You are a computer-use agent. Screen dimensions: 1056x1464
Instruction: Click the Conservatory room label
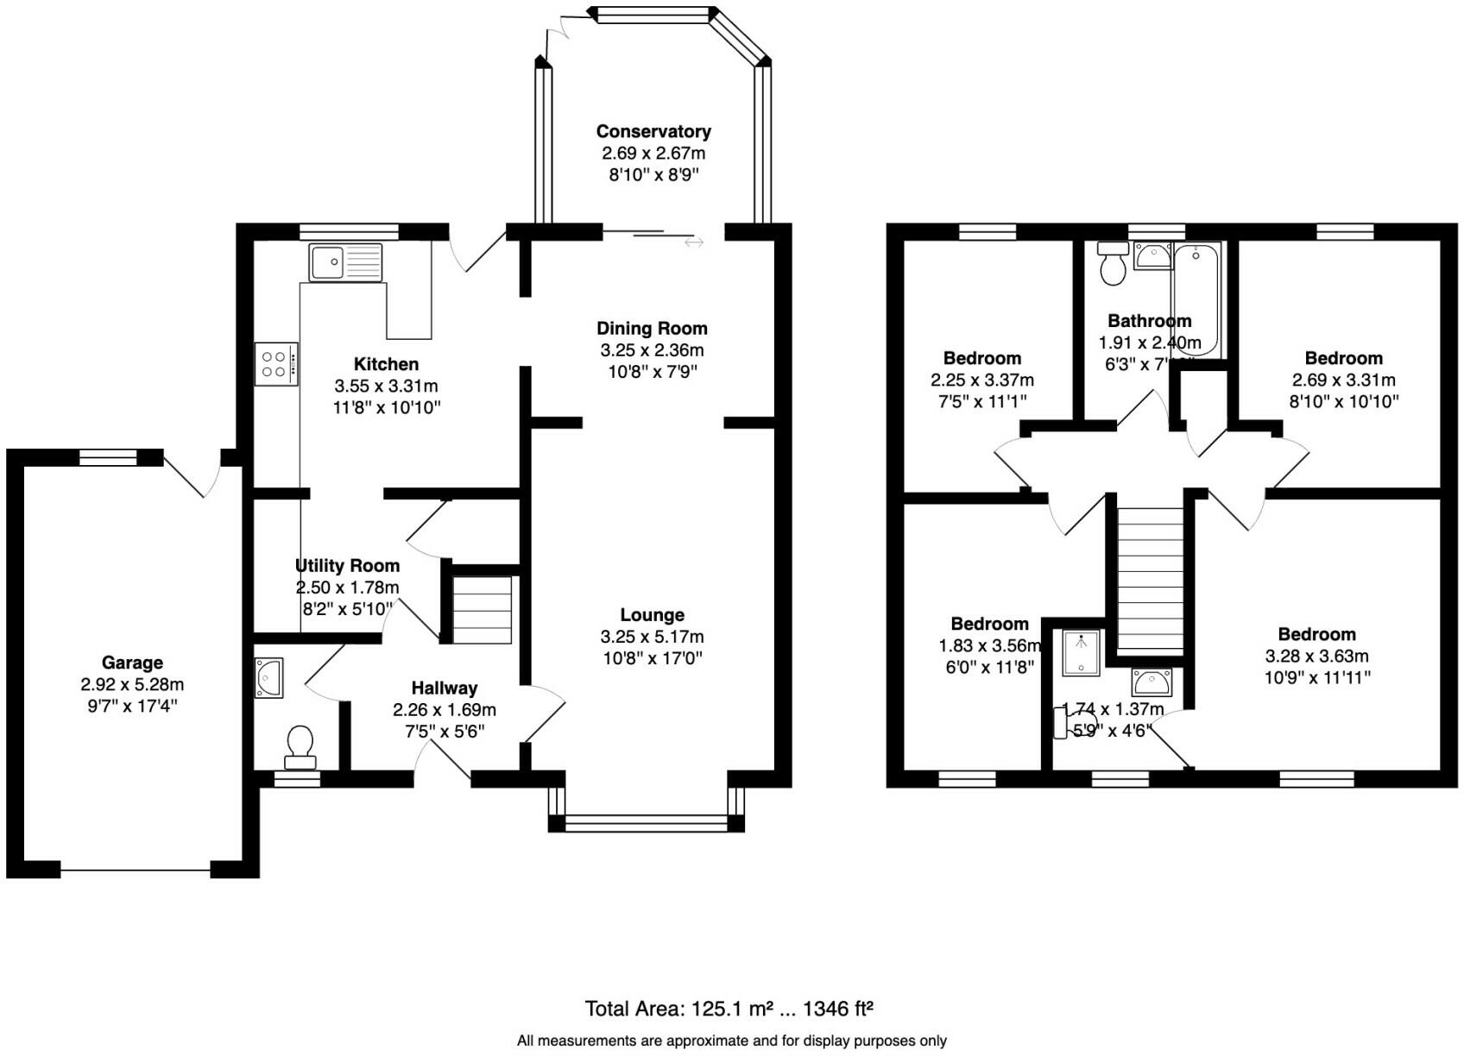click(x=653, y=132)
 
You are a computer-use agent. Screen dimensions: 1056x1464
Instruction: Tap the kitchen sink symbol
click(x=345, y=262)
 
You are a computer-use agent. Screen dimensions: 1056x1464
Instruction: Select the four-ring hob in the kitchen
click(x=276, y=364)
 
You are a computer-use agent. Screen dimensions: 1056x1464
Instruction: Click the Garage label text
click(x=132, y=663)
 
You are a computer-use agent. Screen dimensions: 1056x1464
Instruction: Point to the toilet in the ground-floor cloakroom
click(x=300, y=746)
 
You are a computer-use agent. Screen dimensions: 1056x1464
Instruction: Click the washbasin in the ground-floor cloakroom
click(x=269, y=678)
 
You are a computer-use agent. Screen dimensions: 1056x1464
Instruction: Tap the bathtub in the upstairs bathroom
click(x=1196, y=298)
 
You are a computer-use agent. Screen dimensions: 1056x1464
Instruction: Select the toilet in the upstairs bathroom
click(x=1113, y=264)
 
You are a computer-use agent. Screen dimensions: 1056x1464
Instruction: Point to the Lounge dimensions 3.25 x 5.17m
click(x=652, y=638)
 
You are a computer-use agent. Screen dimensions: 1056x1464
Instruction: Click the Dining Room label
click(x=652, y=329)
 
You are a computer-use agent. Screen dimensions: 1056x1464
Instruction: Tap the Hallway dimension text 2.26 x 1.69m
click(x=444, y=710)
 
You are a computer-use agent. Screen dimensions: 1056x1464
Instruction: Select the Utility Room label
click(x=347, y=566)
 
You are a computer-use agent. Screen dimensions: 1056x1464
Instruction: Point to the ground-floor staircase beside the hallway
click(x=483, y=610)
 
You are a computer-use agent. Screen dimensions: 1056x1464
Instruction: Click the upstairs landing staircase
click(x=1151, y=578)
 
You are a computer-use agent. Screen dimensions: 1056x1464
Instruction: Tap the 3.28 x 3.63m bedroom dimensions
click(x=1316, y=657)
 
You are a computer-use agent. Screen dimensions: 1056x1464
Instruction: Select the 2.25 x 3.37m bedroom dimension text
click(x=982, y=380)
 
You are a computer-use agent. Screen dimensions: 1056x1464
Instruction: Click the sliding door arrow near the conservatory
click(x=694, y=243)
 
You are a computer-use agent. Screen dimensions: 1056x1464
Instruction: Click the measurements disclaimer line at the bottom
click(x=731, y=1041)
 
